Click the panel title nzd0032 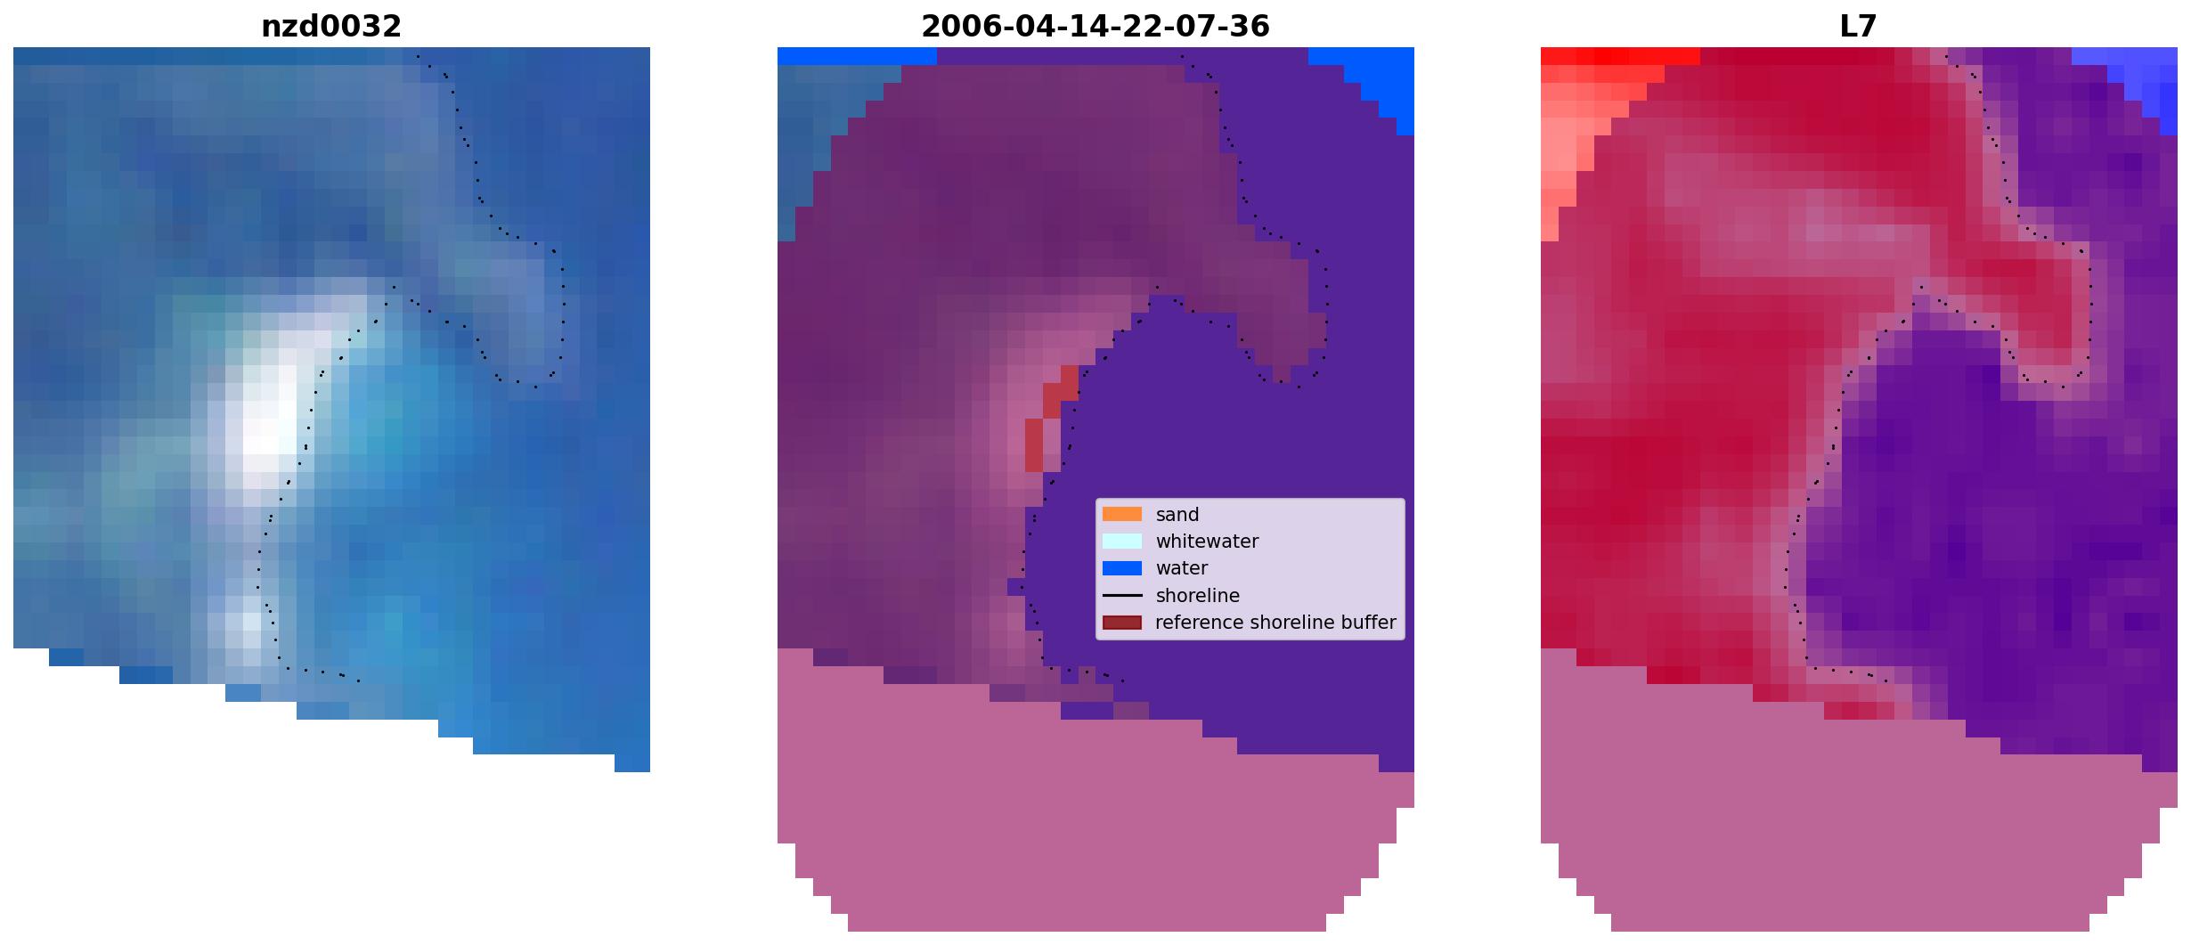331,27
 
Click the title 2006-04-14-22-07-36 1095,27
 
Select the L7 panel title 1859,27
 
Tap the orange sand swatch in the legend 1122,514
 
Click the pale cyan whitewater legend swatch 1122,541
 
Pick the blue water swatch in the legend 1122,568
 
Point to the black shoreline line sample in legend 1122,595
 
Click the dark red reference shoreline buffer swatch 1122,623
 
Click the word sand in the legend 1177,515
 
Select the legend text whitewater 1207,542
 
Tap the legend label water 1182,568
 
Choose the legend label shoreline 1198,596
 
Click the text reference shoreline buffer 1275,623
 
